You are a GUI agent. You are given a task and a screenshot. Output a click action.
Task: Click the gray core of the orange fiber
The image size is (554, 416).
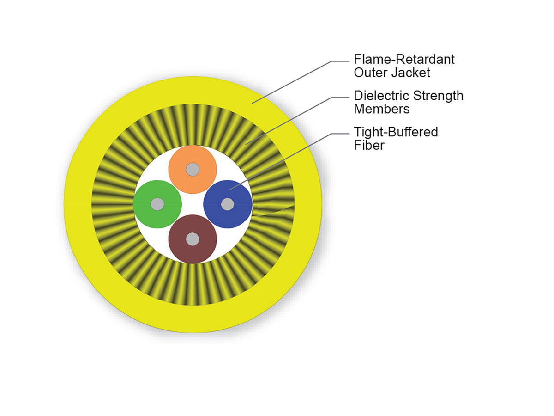pos(193,169)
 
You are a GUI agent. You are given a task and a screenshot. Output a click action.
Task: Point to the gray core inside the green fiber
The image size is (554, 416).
pos(157,204)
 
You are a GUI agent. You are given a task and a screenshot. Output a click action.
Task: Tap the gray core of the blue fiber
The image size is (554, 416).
pos(228,204)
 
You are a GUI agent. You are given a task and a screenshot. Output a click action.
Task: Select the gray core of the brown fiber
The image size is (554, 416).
pos(193,239)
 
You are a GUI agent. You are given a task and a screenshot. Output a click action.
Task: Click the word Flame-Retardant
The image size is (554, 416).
pos(404,59)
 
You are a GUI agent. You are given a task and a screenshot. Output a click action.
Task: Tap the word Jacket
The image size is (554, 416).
pos(411,73)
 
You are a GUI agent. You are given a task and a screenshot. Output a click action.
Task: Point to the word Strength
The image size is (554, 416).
pos(439,96)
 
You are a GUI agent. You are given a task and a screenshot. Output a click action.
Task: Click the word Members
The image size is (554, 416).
pos(382,109)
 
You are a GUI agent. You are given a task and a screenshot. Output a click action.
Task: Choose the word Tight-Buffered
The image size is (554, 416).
pos(396,132)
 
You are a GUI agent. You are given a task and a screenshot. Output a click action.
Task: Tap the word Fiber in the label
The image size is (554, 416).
pos(369,145)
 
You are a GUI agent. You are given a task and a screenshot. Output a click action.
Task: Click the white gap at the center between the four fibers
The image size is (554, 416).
pos(193,204)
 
